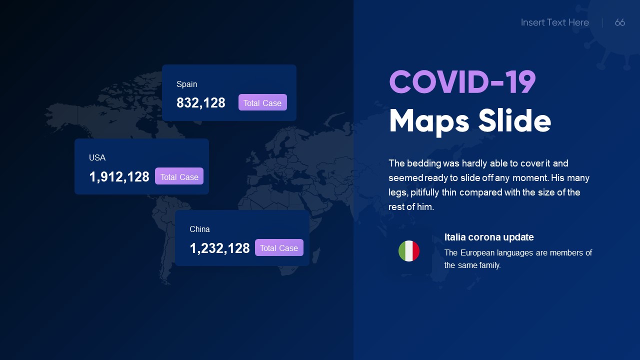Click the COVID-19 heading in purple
(x=462, y=82)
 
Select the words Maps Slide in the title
(x=469, y=121)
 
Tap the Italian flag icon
(x=409, y=251)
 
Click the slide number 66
(x=620, y=22)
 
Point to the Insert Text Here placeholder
(x=554, y=22)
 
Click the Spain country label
(x=187, y=84)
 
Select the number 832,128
(x=201, y=103)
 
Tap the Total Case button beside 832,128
(x=262, y=102)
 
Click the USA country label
(x=97, y=157)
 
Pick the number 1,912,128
(x=119, y=177)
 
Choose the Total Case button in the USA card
(x=179, y=176)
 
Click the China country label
(x=199, y=229)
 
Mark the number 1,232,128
(x=219, y=248)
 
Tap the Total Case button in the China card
(x=279, y=248)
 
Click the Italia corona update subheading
(x=489, y=237)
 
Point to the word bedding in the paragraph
(x=424, y=163)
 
